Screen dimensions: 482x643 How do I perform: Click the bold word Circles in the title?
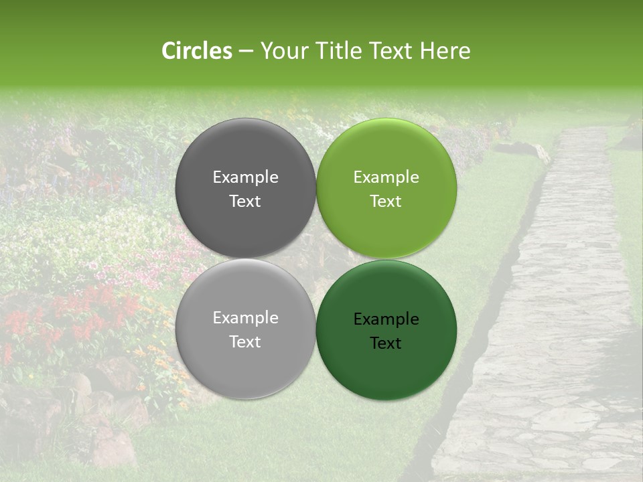(x=196, y=51)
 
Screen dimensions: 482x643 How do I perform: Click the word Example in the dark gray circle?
(x=245, y=177)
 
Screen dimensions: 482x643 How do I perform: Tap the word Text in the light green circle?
(x=386, y=202)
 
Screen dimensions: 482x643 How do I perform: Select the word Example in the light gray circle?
(x=245, y=318)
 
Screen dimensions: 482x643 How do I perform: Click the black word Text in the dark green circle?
(x=386, y=343)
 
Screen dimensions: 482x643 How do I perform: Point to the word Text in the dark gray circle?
(x=245, y=202)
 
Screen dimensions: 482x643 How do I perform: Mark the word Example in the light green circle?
(x=386, y=177)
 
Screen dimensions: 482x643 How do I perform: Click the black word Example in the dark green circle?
(x=386, y=319)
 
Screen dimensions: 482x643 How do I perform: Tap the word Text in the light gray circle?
(x=245, y=342)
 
